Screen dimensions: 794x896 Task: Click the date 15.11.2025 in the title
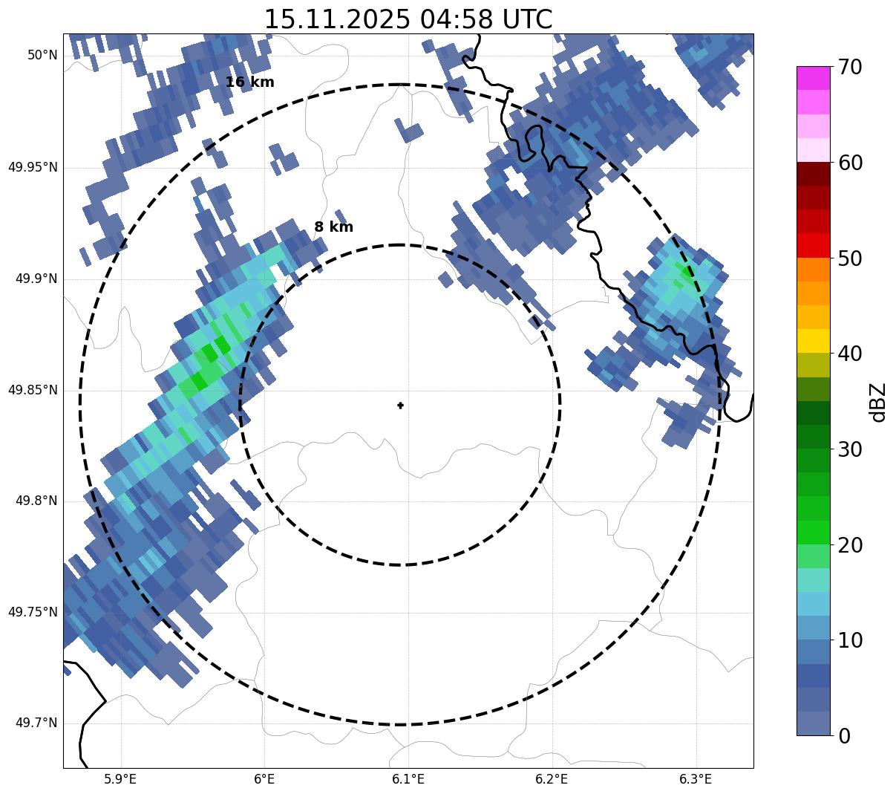pos(336,19)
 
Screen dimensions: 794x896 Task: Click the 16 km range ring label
pos(249,82)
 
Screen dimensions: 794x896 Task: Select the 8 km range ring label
pos(333,227)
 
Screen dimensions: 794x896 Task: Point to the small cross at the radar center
pos(400,406)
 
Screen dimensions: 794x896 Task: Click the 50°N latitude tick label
pos(42,56)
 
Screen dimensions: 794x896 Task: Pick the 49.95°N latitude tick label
pos(33,167)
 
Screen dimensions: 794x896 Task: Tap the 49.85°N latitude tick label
pos(33,390)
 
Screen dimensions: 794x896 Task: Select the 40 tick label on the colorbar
pos(850,354)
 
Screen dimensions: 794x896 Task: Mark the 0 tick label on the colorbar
pos(844,736)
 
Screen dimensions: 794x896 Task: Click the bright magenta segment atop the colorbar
pos(813,78)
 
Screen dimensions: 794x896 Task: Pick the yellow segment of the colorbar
pos(813,341)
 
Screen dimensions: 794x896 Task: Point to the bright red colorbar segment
pos(813,245)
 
